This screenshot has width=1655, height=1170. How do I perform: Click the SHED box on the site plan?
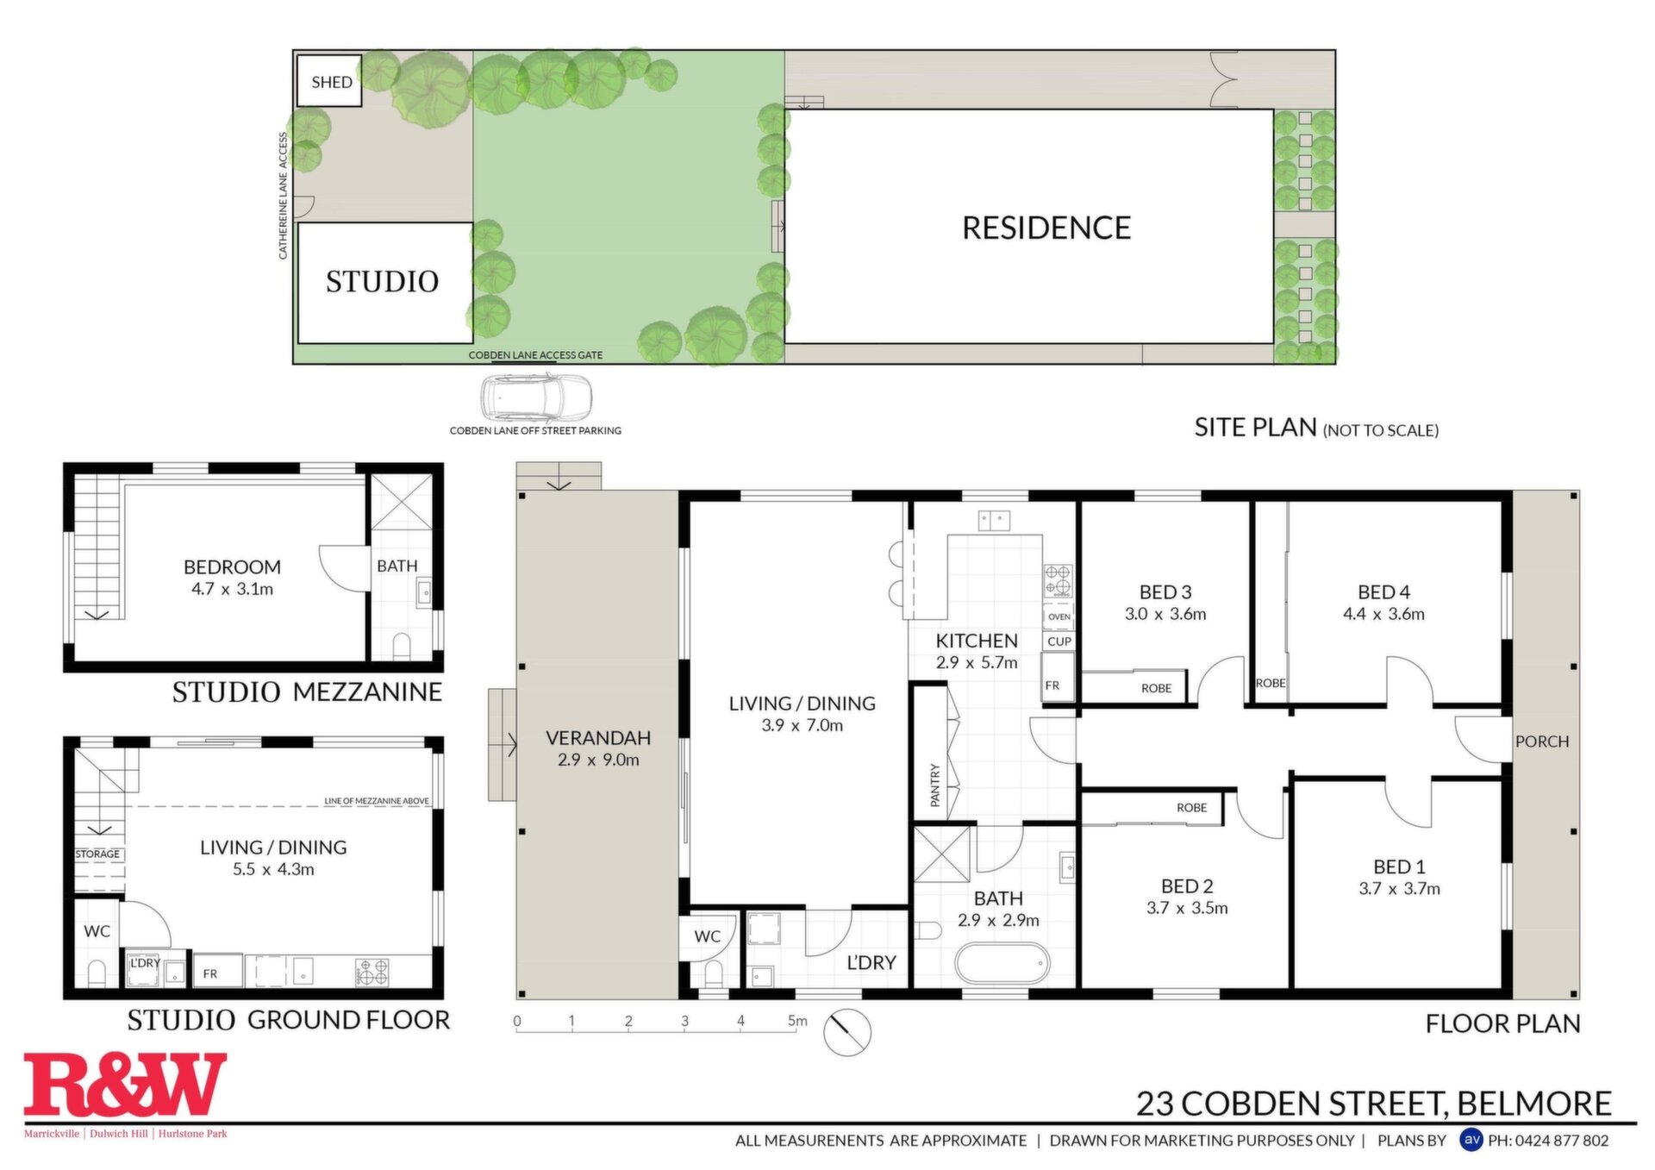click(x=328, y=81)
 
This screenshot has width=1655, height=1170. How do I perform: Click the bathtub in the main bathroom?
click(x=1002, y=964)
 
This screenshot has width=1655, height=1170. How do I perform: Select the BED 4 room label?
click(x=1383, y=592)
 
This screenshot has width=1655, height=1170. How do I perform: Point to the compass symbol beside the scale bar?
click(x=847, y=1031)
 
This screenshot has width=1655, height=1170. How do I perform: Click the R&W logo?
click(x=126, y=1085)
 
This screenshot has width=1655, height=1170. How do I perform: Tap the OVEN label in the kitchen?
click(x=1059, y=616)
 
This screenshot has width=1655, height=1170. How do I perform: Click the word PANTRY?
click(x=935, y=785)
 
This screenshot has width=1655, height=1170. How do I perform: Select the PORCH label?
click(x=1542, y=741)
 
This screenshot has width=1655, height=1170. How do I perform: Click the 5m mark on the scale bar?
click(x=797, y=1021)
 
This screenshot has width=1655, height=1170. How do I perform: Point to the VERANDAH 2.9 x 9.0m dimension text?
click(x=598, y=760)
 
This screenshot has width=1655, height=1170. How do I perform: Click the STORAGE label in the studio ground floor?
click(x=97, y=854)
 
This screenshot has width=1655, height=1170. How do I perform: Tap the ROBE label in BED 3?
click(x=1157, y=688)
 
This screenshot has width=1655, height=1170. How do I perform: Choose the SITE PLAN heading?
click(x=1255, y=428)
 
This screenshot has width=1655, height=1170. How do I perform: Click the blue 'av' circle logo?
click(x=1471, y=1140)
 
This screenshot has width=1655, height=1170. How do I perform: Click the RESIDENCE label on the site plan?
click(x=1046, y=228)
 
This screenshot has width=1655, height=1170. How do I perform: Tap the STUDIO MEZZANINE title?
click(x=307, y=692)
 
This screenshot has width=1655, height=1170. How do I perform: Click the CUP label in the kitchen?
click(x=1059, y=641)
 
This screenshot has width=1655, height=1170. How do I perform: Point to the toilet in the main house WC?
click(x=713, y=974)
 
